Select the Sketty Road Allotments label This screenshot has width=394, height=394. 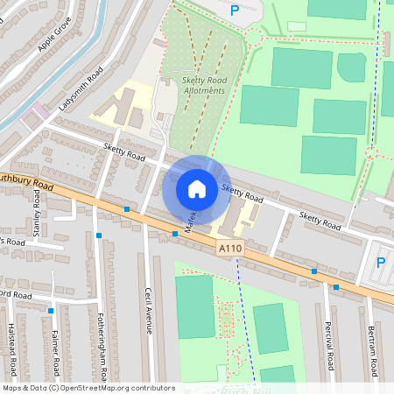point(203,85)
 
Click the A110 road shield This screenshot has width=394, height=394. point(229,250)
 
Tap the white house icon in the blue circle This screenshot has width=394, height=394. point(197,188)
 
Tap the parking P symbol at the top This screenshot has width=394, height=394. point(234,11)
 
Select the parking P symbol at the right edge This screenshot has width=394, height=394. point(381,263)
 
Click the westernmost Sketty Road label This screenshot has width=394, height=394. point(123,153)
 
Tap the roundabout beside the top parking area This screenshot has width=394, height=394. point(253,37)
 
